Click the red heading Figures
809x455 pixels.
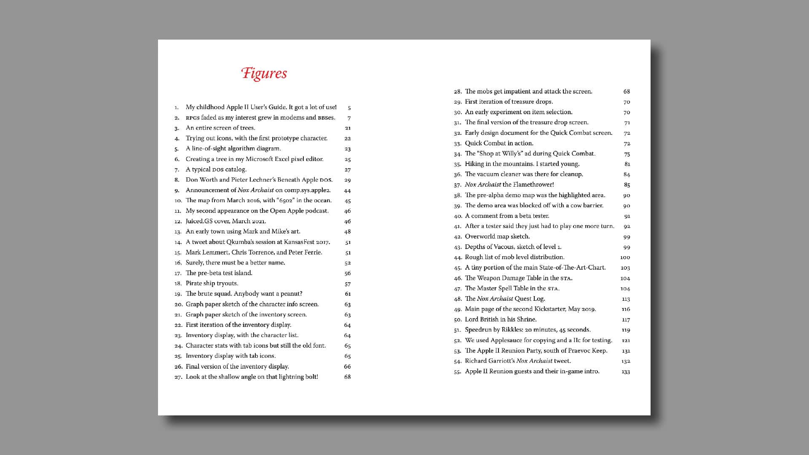pos(264,73)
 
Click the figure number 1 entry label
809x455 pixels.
pos(177,107)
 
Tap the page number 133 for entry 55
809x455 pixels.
pos(626,372)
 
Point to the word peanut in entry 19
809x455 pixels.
pos(290,294)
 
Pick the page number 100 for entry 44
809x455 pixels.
pos(625,257)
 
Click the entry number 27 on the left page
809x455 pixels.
pos(178,377)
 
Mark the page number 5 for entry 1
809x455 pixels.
pos(349,108)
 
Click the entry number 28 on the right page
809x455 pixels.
pos(458,91)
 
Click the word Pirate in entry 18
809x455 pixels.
pos(194,284)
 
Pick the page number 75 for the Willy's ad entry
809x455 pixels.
pos(627,154)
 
